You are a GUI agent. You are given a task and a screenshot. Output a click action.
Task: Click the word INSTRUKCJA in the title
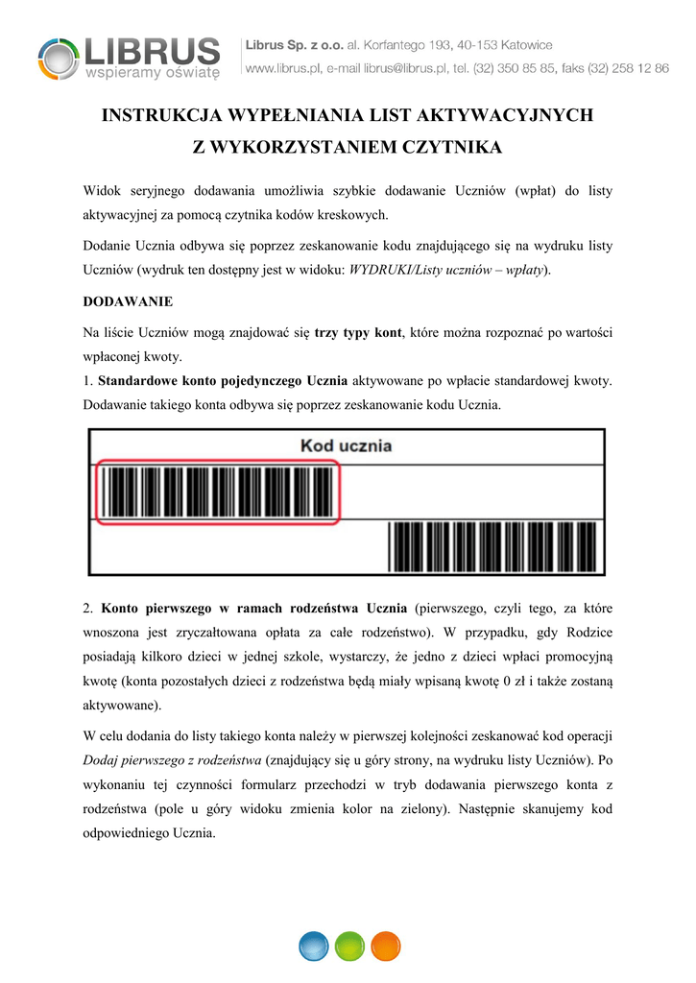click(158, 116)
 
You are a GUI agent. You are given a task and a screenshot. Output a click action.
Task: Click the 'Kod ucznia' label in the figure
click(346, 446)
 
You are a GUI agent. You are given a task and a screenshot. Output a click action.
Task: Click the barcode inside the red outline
click(218, 492)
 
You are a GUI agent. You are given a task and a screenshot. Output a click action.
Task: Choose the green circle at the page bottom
click(349, 946)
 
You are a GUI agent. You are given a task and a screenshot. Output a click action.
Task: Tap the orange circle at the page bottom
click(385, 946)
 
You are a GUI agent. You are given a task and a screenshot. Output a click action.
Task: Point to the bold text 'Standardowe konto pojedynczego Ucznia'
click(225, 381)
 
